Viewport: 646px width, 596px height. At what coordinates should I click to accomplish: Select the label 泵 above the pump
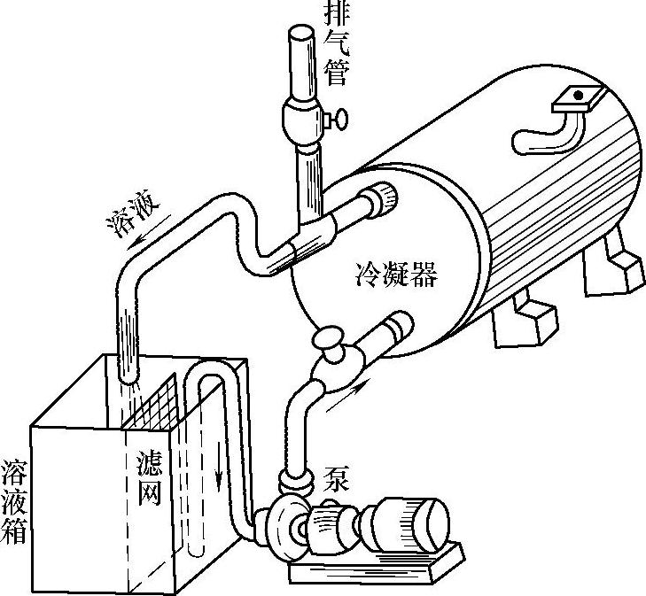tap(337, 478)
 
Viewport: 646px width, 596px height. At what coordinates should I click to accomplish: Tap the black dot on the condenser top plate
tap(577, 94)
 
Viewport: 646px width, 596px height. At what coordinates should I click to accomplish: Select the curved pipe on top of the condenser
tap(549, 133)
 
